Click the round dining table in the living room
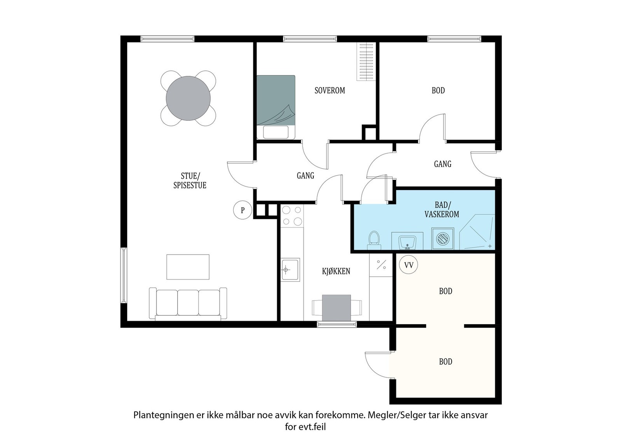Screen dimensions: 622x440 click(188, 98)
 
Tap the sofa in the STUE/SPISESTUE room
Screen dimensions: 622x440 click(188, 304)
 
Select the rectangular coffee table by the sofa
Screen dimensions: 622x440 click(188, 267)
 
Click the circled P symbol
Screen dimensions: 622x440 click(243, 210)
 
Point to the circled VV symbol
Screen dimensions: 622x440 click(409, 265)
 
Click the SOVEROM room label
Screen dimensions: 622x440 click(330, 91)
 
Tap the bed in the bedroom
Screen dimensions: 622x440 click(276, 107)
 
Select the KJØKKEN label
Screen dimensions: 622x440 click(336, 271)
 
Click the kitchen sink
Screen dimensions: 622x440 click(290, 269)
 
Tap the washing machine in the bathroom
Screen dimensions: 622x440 click(443, 238)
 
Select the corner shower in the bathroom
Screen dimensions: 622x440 click(477, 232)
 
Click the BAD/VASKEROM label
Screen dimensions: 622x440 click(442, 210)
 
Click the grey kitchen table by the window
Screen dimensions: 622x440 click(337, 307)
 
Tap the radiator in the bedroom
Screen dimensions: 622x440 click(366, 61)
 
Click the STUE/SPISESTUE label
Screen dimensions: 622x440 click(190, 180)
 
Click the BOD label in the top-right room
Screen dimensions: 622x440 click(438, 91)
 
